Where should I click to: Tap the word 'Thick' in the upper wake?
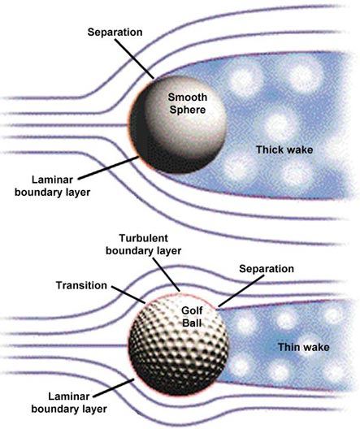coord(269,149)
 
